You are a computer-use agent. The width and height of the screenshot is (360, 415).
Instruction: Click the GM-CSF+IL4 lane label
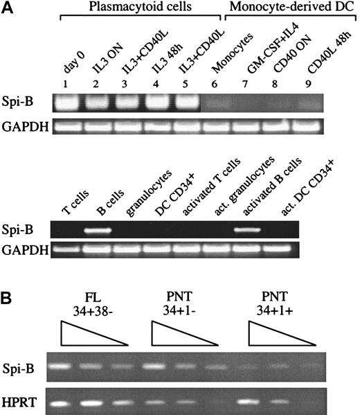click(x=258, y=55)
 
